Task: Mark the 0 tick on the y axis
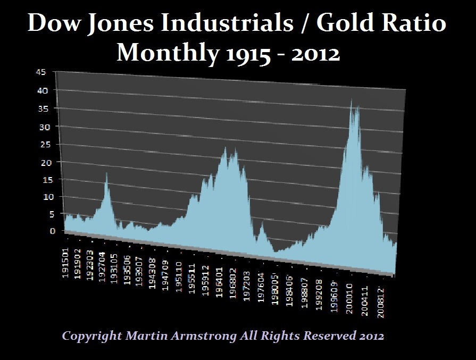click(52, 231)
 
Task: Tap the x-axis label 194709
click(165, 272)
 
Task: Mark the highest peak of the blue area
click(351, 99)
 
